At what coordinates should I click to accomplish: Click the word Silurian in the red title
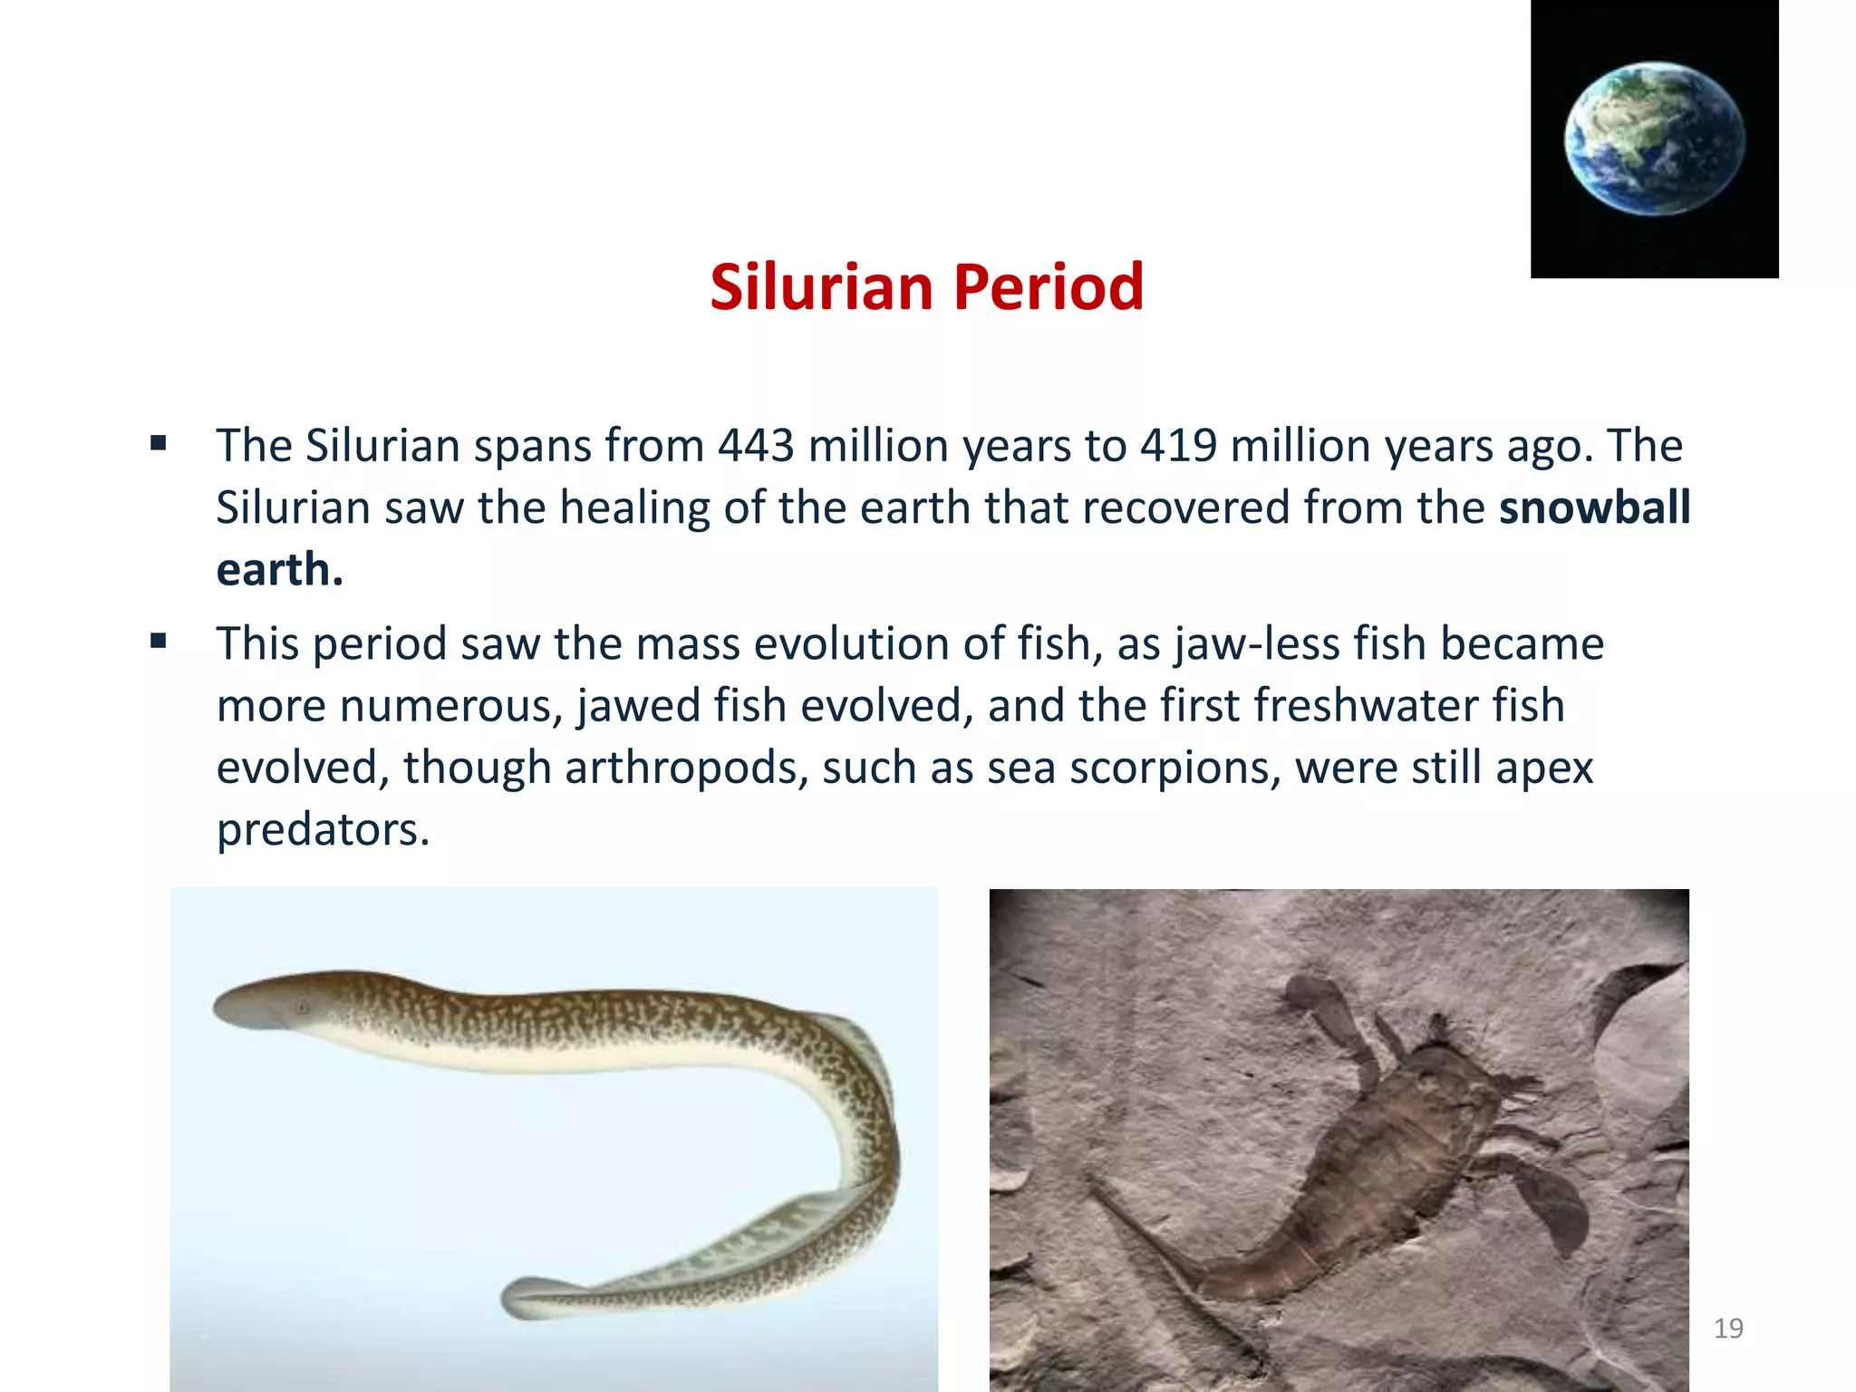pyautogui.click(x=821, y=287)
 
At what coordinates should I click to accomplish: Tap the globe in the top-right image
pyautogui.click(x=1654, y=139)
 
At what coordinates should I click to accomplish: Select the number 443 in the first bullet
pyautogui.click(x=756, y=446)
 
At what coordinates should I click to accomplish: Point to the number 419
pyautogui.click(x=1178, y=446)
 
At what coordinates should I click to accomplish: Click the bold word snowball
pyautogui.click(x=1594, y=507)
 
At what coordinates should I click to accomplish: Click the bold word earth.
pyautogui.click(x=279, y=570)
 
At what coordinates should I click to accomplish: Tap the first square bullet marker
pyautogui.click(x=159, y=444)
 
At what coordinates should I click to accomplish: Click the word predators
pyautogui.click(x=323, y=830)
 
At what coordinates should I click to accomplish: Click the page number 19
pyautogui.click(x=1728, y=1329)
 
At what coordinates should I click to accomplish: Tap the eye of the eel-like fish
pyautogui.click(x=302, y=1007)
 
